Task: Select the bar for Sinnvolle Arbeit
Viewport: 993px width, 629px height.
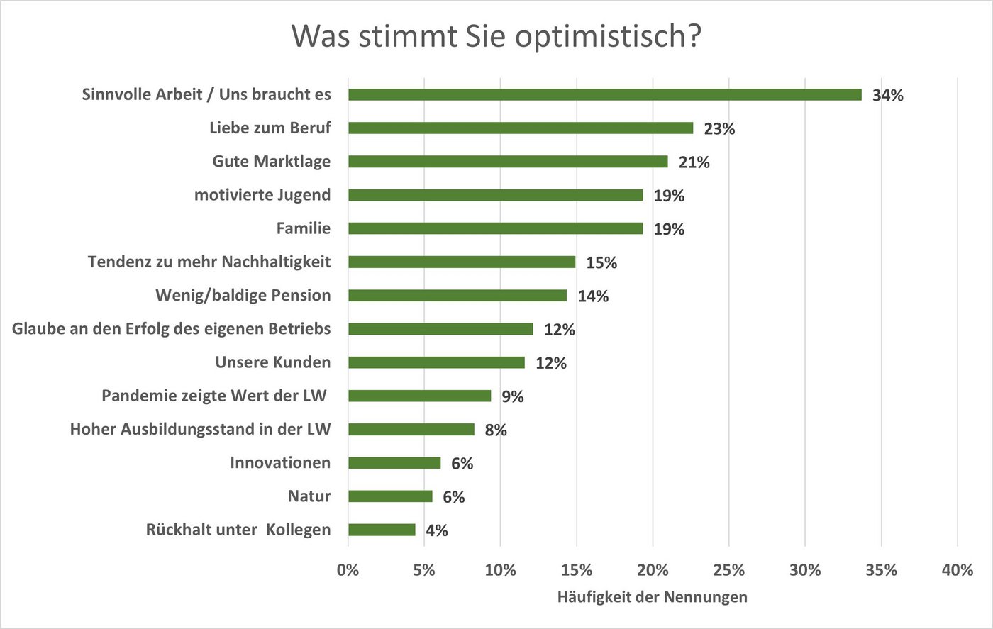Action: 604,95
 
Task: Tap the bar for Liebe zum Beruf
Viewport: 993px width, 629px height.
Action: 521,128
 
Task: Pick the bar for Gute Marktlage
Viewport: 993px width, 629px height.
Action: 508,162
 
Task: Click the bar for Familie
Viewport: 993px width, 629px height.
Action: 495,228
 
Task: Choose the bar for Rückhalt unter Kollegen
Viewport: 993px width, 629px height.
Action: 382,530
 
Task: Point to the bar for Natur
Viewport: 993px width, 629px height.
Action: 390,496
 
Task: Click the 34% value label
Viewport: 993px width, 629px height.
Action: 888,96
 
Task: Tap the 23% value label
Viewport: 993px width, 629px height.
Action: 719,129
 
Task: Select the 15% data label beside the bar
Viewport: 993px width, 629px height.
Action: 601,263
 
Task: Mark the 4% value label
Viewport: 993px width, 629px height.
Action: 437,530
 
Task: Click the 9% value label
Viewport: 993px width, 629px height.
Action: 513,397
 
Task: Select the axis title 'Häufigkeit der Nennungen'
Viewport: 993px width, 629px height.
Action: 652,597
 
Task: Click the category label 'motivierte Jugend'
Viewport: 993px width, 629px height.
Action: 262,195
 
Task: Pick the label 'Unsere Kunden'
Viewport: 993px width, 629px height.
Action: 273,362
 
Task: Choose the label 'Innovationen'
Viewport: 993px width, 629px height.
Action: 280,463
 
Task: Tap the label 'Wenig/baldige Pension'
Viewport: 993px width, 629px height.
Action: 243,296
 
